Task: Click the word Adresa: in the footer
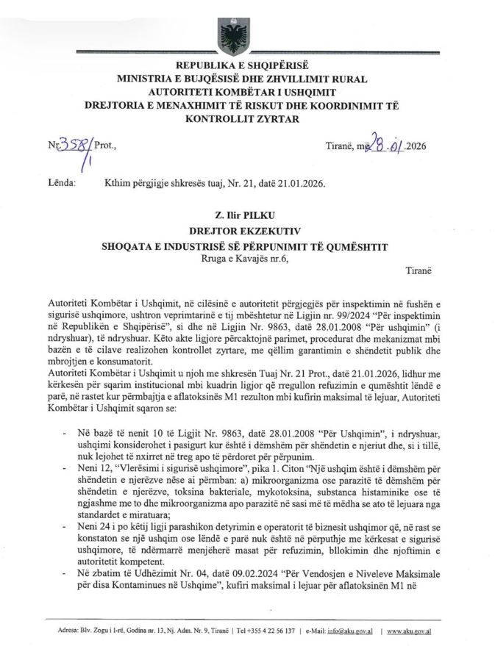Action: coord(71,631)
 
